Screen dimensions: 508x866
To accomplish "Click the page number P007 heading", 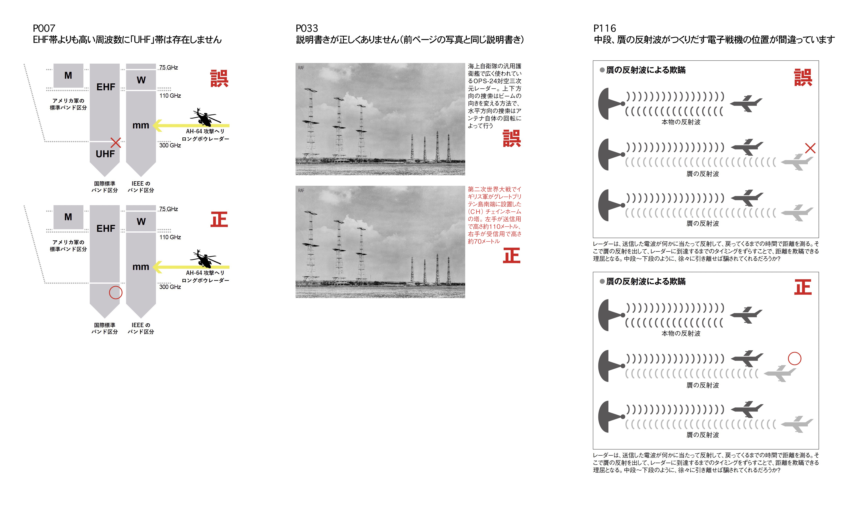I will click(x=44, y=28).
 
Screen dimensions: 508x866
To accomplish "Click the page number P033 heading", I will click(x=307, y=28).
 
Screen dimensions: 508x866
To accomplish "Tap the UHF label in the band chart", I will click(x=105, y=154).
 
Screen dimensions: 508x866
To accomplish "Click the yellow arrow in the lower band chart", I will click(x=191, y=267).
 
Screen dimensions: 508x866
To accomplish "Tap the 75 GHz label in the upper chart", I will click(x=168, y=67).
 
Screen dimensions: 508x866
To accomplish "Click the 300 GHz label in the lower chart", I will click(x=170, y=287).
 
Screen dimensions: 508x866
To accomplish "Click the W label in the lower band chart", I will click(x=141, y=222).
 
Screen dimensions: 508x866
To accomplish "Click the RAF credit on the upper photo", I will click(x=301, y=68).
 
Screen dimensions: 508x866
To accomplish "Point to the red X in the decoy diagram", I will click(x=810, y=148).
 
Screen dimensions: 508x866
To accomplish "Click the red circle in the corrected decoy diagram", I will click(x=795, y=359).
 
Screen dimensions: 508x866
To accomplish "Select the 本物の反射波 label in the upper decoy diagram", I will click(x=681, y=122).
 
